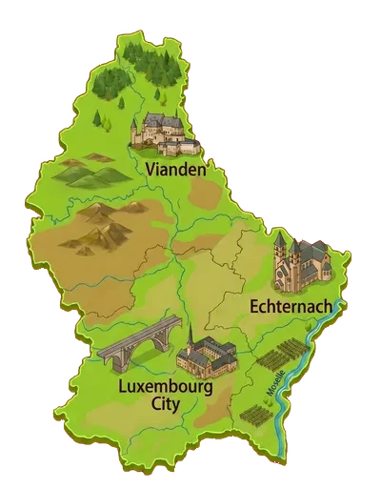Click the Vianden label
177,169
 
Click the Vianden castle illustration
166,134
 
